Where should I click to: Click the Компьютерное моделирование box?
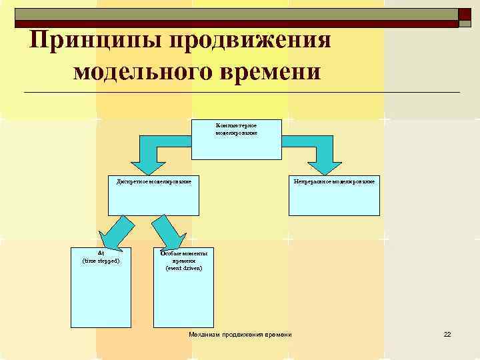(237, 140)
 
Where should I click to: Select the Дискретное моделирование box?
(154, 196)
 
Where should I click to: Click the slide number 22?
(447, 334)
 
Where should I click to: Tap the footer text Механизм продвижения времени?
(241, 334)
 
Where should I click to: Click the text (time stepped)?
(101, 261)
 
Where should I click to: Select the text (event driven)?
(183, 268)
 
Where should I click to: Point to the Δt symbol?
(101, 253)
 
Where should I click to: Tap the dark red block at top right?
(465, 17)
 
